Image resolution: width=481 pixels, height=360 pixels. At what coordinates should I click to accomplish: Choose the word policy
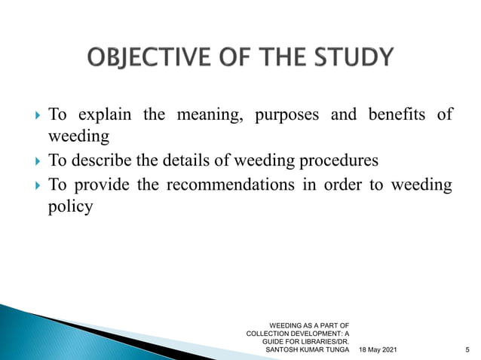(x=70, y=207)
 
